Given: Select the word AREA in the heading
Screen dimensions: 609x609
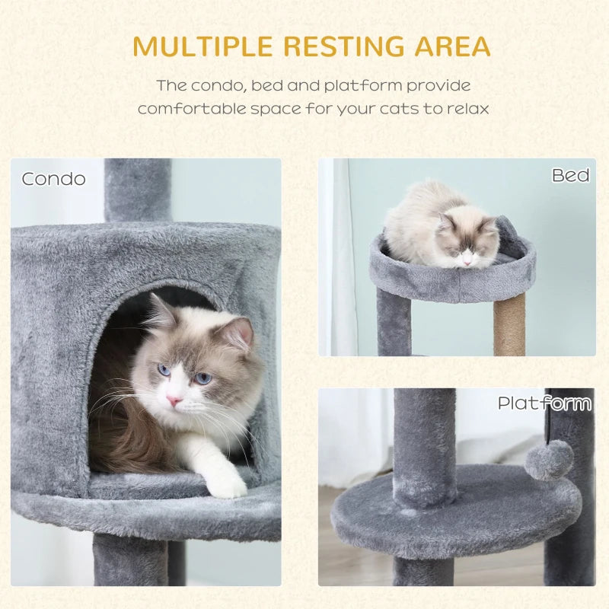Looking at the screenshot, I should pyautogui.click(x=453, y=46).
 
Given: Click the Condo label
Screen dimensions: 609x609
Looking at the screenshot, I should pyautogui.click(x=53, y=179).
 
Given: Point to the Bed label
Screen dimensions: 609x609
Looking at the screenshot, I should pyautogui.click(x=571, y=176).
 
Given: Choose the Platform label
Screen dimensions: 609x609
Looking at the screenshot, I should pyautogui.click(x=544, y=403).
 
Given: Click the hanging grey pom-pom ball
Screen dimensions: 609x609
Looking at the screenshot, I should pyautogui.click(x=549, y=460).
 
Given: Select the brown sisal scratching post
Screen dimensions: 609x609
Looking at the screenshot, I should pyautogui.click(x=509, y=324).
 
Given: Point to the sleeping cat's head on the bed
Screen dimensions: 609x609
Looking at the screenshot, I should pyautogui.click(x=466, y=242).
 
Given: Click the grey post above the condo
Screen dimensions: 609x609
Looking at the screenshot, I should pyautogui.click(x=138, y=190).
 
